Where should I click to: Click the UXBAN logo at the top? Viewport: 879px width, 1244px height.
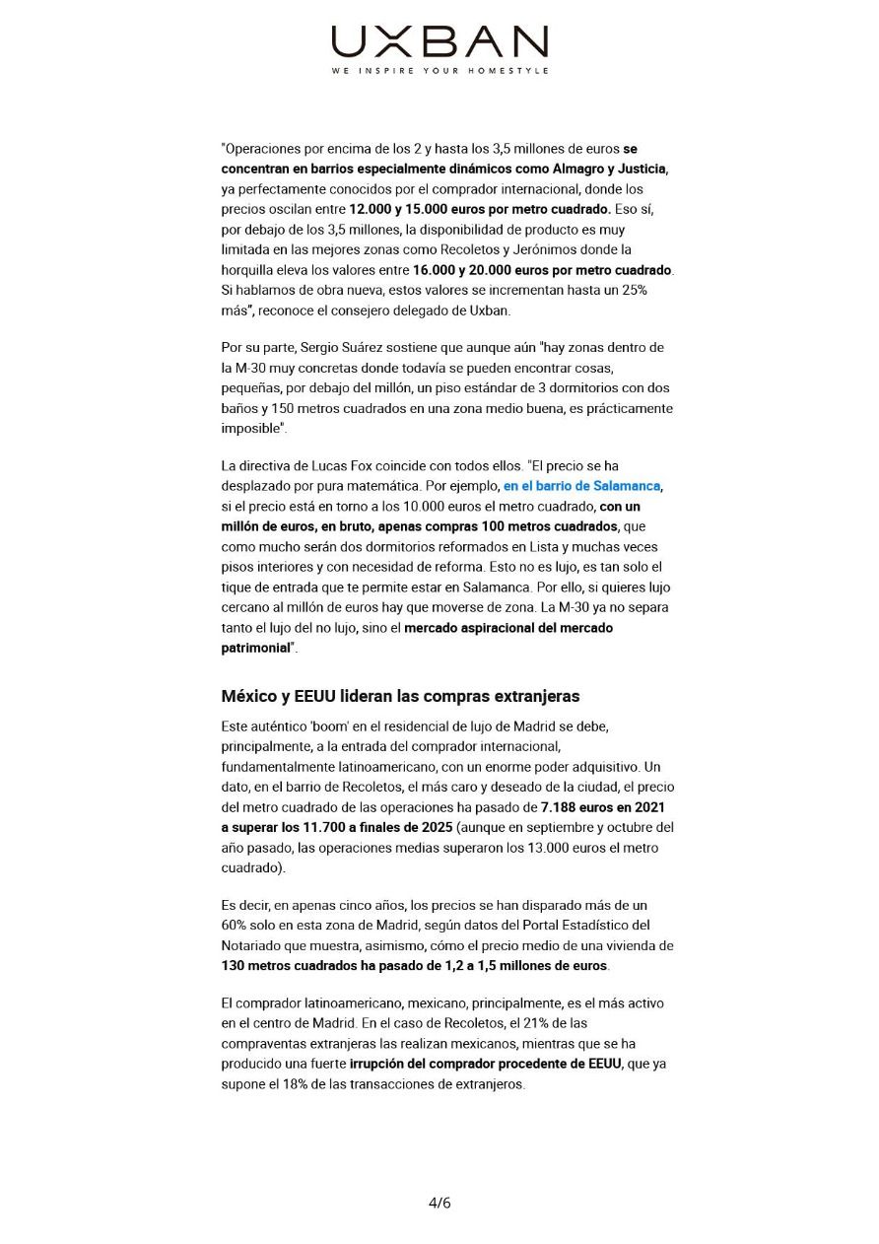coord(439,42)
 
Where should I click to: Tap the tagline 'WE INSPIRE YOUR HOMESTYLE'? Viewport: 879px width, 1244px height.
coord(439,71)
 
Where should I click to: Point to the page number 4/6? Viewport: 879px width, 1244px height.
coord(439,1203)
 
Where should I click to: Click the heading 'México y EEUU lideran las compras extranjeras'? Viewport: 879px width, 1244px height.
coord(400,696)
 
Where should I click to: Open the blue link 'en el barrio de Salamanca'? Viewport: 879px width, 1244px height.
coord(581,486)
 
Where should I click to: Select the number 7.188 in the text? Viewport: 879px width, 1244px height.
coord(550,807)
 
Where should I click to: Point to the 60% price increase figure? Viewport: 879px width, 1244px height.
coord(237,925)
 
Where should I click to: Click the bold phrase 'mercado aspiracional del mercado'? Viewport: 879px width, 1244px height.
coord(508,627)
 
